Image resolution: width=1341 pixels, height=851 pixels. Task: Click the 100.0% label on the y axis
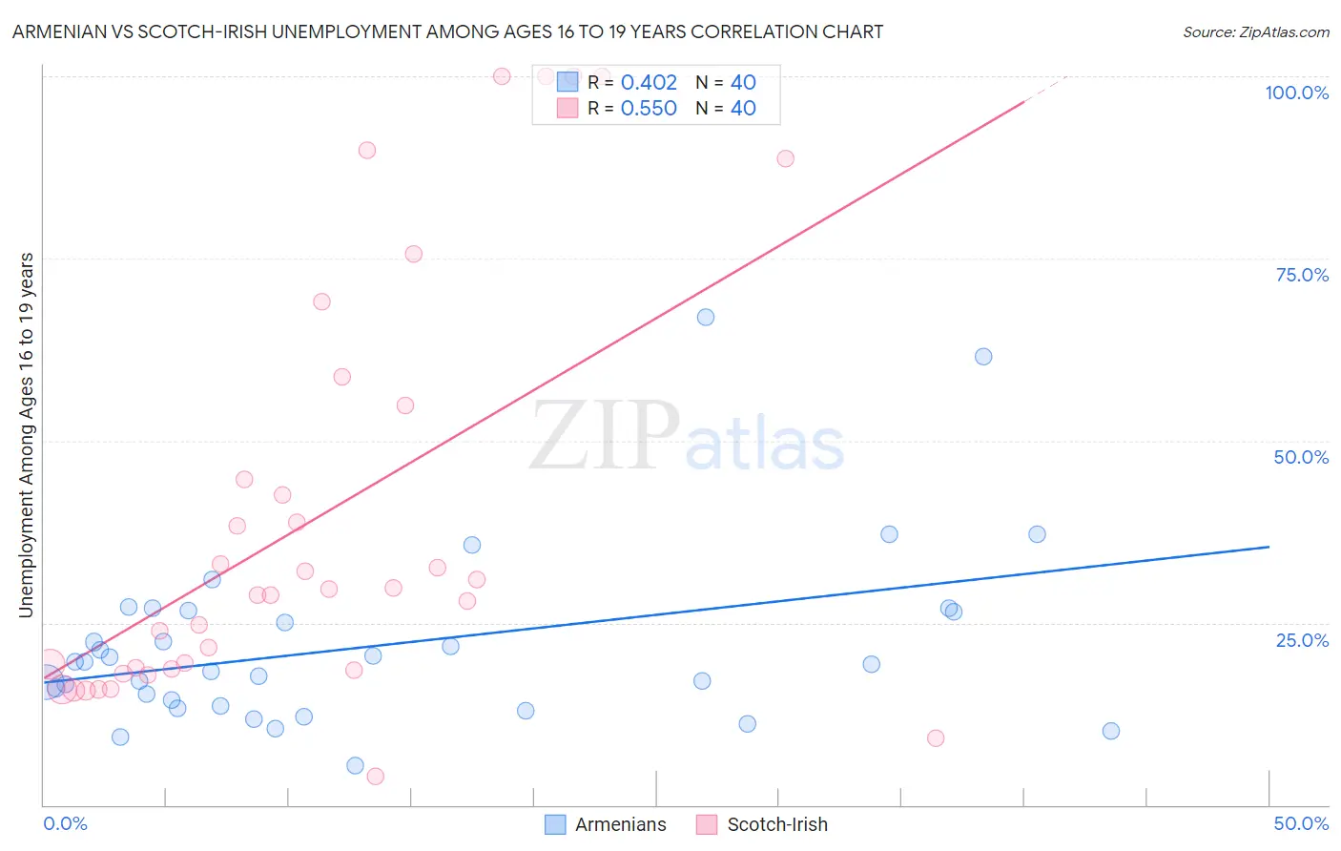click(1296, 93)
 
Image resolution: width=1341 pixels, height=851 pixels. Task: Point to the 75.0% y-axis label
click(1301, 275)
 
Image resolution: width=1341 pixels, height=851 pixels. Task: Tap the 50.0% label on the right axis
click(1301, 457)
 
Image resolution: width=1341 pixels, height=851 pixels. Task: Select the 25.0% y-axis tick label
click(1302, 639)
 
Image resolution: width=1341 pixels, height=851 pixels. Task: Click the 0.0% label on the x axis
click(65, 823)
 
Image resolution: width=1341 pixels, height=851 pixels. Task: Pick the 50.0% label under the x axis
click(1301, 823)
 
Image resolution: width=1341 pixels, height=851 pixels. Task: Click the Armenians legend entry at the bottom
click(620, 824)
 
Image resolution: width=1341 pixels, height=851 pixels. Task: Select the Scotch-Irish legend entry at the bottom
click(776, 824)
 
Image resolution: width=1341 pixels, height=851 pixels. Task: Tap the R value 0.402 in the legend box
click(649, 82)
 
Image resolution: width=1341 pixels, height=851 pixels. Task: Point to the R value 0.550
click(649, 108)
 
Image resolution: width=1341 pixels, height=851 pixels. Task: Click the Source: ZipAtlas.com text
click(1255, 31)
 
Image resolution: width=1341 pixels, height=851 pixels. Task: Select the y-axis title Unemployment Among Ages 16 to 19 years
click(27, 435)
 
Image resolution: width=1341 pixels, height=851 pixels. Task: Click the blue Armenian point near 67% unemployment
click(706, 317)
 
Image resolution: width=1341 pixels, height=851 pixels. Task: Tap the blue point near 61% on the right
click(983, 357)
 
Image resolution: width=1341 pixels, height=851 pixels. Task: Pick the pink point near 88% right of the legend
click(785, 158)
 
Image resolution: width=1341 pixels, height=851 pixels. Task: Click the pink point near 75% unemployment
click(413, 254)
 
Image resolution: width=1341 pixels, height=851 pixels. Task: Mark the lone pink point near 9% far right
click(936, 738)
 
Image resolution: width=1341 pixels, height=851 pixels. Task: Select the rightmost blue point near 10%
click(1110, 731)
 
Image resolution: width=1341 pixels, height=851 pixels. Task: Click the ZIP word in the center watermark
click(604, 436)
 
